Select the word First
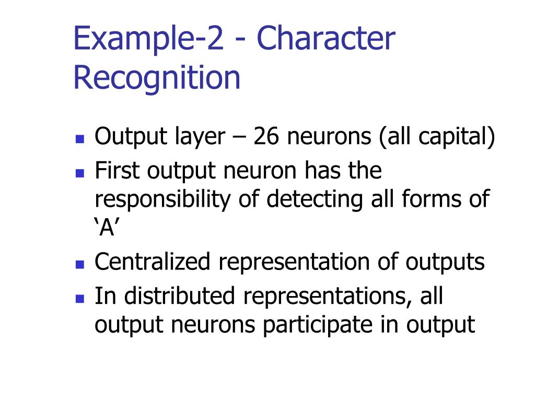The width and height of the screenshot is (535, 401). click(x=118, y=171)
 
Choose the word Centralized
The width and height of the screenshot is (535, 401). click(x=152, y=262)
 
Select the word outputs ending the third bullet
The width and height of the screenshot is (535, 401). click(x=444, y=262)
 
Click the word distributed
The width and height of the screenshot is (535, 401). click(x=180, y=296)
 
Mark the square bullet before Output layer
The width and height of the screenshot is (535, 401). click(x=80, y=139)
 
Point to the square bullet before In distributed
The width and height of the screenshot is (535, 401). click(x=80, y=298)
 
